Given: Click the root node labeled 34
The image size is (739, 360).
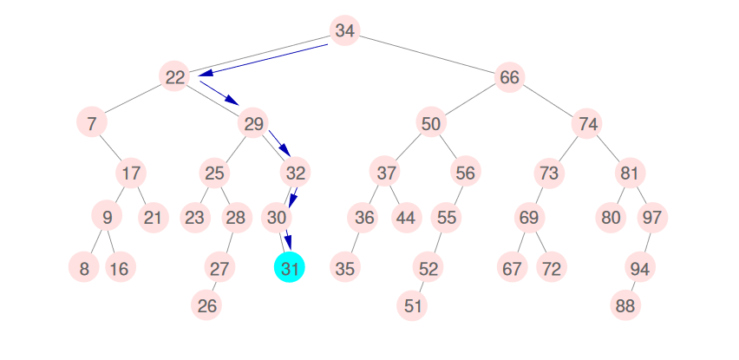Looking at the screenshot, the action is [344, 32].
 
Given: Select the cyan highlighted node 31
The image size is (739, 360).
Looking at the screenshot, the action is [291, 268].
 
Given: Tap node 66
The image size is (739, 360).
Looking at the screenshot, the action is [509, 77].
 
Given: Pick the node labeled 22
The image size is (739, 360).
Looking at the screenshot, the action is [175, 77].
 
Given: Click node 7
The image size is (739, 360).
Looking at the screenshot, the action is [91, 123].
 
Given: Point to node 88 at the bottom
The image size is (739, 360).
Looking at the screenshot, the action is [625, 305].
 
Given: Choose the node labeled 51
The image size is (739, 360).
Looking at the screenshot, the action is [413, 305].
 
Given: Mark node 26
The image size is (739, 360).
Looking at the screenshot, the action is [206, 305].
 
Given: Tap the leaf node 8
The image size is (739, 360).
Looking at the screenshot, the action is [83, 268].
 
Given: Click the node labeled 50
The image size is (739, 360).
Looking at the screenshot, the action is [431, 123].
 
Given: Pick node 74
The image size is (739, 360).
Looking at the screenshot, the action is [588, 123].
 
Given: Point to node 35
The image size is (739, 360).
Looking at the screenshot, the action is [344, 268].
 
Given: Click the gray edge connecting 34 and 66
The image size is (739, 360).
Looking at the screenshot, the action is [427, 55].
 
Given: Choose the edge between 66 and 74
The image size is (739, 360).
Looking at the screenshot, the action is [549, 101].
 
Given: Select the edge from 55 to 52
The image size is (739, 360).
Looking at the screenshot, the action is [436, 243].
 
